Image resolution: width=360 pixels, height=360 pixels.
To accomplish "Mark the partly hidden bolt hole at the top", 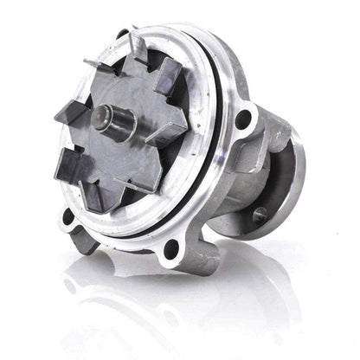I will coord(122,35).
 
